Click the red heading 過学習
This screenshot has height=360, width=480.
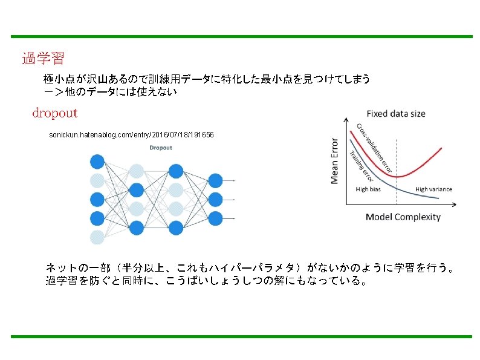(x=43, y=59)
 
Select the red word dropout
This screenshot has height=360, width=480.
(x=54, y=113)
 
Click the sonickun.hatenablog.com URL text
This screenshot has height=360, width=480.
(x=131, y=134)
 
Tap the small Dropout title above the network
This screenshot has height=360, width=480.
(x=160, y=148)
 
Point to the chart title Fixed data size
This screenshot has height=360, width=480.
(x=396, y=114)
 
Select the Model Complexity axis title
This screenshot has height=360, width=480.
(x=403, y=217)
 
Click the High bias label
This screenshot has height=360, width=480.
(x=368, y=189)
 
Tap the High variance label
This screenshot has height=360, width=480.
(x=433, y=189)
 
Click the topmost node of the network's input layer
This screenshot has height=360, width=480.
(x=97, y=162)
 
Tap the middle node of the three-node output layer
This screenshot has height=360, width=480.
(x=215, y=199)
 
